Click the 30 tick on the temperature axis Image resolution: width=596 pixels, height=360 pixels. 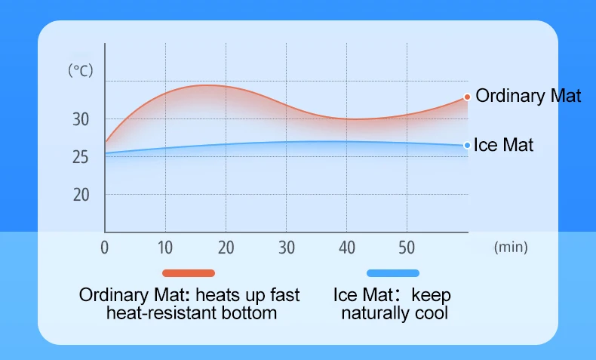click(81, 119)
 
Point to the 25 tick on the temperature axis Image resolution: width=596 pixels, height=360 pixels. click(81, 157)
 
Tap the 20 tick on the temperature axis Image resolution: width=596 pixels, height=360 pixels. click(81, 194)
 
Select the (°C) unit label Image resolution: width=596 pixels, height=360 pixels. click(80, 71)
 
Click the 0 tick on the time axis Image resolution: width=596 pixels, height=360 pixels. click(105, 247)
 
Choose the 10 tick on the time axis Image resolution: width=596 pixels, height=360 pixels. click(165, 247)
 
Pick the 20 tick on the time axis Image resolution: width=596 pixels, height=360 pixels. click(226, 247)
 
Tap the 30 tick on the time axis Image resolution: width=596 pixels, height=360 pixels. click(286, 247)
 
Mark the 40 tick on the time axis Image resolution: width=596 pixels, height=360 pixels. click(346, 247)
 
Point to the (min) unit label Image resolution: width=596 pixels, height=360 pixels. click(511, 247)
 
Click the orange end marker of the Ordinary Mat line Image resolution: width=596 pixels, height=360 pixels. click(468, 97)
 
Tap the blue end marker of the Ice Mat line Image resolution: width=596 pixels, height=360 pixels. click(468, 146)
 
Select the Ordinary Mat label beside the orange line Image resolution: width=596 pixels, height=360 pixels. click(528, 96)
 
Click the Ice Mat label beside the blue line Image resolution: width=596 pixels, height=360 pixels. click(503, 145)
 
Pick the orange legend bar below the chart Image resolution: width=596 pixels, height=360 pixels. click(189, 272)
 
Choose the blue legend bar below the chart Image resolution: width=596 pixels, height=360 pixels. click(392, 272)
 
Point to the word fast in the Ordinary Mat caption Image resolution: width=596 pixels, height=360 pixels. click(284, 294)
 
